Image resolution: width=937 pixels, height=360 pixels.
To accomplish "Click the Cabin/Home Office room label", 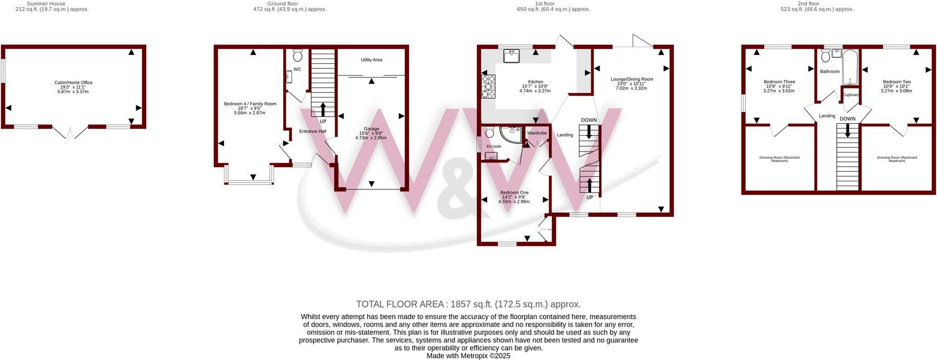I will coord(74,83).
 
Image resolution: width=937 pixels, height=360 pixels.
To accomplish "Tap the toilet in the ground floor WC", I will coord(298,55).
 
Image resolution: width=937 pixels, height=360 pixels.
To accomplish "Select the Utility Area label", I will coord(371,60).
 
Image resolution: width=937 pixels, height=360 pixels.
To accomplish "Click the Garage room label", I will coord(371,129).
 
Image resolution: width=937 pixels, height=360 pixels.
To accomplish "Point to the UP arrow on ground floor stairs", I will coord(323,110).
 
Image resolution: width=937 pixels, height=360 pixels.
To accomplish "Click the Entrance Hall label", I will coord(312,131).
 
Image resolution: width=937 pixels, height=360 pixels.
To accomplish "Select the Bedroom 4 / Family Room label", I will coord(250,104).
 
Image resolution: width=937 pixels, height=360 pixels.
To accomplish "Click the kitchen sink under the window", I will coord(512,54).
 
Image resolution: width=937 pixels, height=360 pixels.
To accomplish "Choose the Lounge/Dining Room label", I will coord(632,79).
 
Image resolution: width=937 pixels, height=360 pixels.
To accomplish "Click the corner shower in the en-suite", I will coord(509,134).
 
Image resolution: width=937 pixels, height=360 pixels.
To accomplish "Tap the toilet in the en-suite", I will coord(489,132).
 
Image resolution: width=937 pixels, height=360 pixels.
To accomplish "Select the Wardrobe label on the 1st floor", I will coord(537,133).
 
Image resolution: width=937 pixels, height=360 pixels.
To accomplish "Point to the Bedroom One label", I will coord(514,193).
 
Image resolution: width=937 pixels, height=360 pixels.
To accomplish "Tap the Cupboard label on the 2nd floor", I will coord(851,95).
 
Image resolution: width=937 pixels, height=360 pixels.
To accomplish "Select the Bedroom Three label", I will coord(779,82).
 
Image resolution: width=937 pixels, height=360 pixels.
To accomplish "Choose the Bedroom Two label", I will coord(897,82).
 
